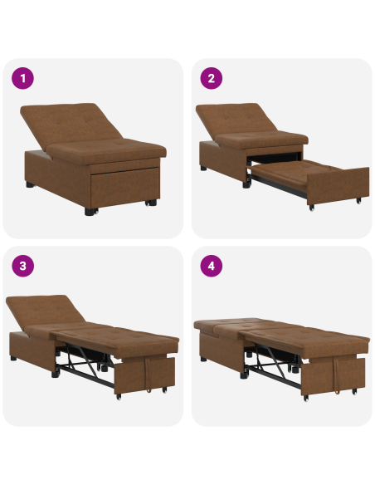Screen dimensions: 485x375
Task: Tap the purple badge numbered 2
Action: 212,79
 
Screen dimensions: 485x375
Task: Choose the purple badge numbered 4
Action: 212,267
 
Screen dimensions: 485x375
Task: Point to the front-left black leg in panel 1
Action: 89,211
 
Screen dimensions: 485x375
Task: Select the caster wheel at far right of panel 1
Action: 151,202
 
